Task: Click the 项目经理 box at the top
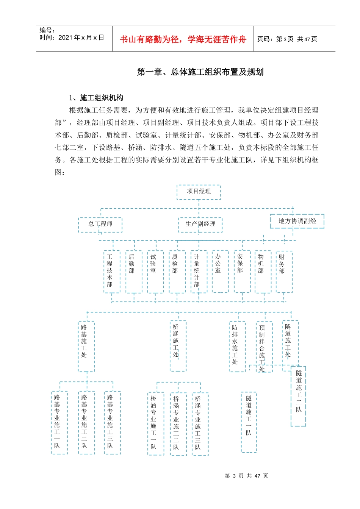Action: (x=199, y=192)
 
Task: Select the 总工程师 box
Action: (x=100, y=224)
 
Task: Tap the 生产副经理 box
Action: (x=200, y=224)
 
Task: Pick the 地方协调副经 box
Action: (x=297, y=221)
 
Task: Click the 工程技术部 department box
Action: (x=111, y=271)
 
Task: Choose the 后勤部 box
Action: (x=133, y=271)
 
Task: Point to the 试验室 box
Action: (x=155, y=271)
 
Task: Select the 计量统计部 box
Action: (x=198, y=271)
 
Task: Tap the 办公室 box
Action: (x=220, y=271)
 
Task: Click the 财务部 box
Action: (x=284, y=271)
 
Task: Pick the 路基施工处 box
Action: (x=86, y=346)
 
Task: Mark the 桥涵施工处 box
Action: (x=178, y=346)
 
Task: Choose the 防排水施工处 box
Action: (x=237, y=346)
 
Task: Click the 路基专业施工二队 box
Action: (x=86, y=422)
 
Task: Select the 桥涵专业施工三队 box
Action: (x=200, y=423)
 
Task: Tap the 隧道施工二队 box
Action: (x=298, y=396)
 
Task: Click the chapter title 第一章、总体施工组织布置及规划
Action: (x=200, y=72)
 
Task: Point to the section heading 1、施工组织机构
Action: (x=96, y=98)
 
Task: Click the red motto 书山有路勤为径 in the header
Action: (x=183, y=39)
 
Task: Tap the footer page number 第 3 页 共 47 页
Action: (x=246, y=476)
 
